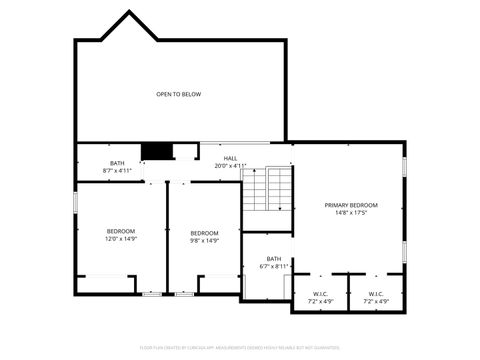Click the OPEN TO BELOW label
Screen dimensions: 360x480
pos(178,94)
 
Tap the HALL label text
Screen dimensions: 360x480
pos(230,158)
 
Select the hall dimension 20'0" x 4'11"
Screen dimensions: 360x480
pos(230,166)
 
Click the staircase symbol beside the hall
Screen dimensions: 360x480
pos(268,190)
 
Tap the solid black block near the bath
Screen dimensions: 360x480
pos(156,151)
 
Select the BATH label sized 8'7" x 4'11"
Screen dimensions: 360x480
pos(117,163)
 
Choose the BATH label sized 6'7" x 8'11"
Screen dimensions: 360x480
pos(274,258)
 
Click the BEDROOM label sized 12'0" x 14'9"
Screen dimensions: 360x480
pos(120,232)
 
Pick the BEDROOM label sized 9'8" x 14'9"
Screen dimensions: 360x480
pos(204,232)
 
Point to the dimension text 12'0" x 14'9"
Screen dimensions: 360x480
pos(120,240)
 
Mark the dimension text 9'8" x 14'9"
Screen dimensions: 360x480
pos(204,240)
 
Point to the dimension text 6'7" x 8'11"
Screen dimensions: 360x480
pos(274,266)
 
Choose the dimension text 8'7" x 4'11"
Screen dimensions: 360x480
pos(117,171)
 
